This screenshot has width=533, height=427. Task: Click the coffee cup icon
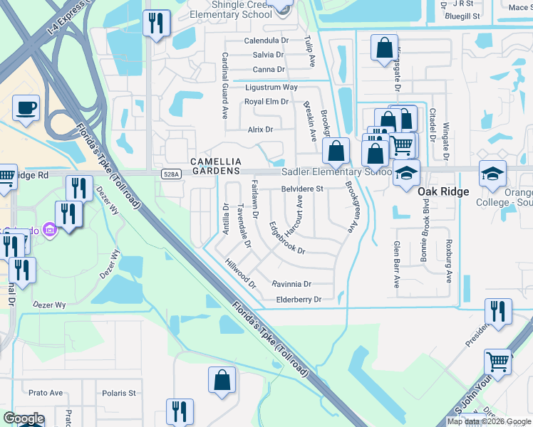[x=26, y=108]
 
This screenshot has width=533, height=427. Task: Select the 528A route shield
[x=170, y=173]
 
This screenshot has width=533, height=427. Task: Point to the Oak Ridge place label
[x=443, y=191]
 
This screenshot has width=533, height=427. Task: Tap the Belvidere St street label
[x=302, y=189]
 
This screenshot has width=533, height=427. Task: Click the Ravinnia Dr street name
[x=292, y=283]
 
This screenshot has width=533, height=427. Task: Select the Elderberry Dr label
[x=299, y=300]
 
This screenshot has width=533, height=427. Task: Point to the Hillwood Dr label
[x=241, y=273]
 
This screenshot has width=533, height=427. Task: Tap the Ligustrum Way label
[x=271, y=87]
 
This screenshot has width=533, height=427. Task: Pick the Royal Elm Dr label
[x=266, y=101]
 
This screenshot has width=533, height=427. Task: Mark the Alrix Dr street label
[x=260, y=130]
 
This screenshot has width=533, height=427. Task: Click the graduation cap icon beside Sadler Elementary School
[x=406, y=173]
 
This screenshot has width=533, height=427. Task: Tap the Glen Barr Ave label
[x=397, y=264]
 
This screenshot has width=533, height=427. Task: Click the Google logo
[x=23, y=419]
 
